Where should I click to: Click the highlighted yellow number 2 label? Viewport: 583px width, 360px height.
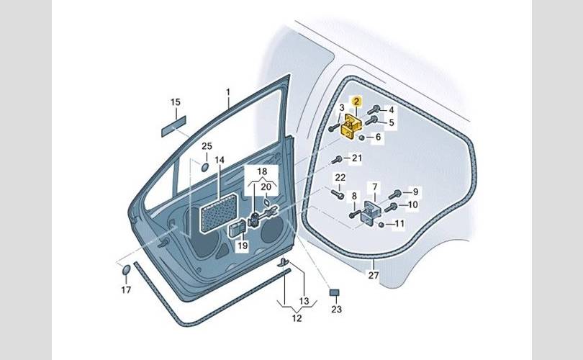(x=356, y=101)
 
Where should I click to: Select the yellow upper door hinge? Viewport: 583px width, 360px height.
(x=351, y=127)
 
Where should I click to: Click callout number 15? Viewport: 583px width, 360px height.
(x=176, y=102)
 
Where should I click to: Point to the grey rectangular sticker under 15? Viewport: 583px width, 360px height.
(x=173, y=126)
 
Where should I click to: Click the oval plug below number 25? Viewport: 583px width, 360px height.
(x=206, y=167)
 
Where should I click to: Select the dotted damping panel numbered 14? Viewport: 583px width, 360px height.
(x=219, y=214)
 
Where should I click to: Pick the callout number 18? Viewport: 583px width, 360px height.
(x=262, y=171)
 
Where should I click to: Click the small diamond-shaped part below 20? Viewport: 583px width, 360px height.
(x=266, y=202)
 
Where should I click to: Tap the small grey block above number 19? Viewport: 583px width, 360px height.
(x=237, y=228)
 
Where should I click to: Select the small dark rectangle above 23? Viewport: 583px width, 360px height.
(x=335, y=292)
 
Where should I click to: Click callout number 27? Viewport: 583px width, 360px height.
(x=374, y=275)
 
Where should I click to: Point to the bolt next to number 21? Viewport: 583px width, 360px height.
(x=337, y=160)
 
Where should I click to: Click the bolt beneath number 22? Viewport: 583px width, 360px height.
(x=338, y=194)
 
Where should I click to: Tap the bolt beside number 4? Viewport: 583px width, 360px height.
(x=374, y=109)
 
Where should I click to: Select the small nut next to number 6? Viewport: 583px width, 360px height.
(x=361, y=138)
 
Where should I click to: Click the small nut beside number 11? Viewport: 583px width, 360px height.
(x=381, y=224)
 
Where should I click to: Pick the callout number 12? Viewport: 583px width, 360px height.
(x=297, y=318)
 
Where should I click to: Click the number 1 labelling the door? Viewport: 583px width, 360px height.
(x=228, y=92)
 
